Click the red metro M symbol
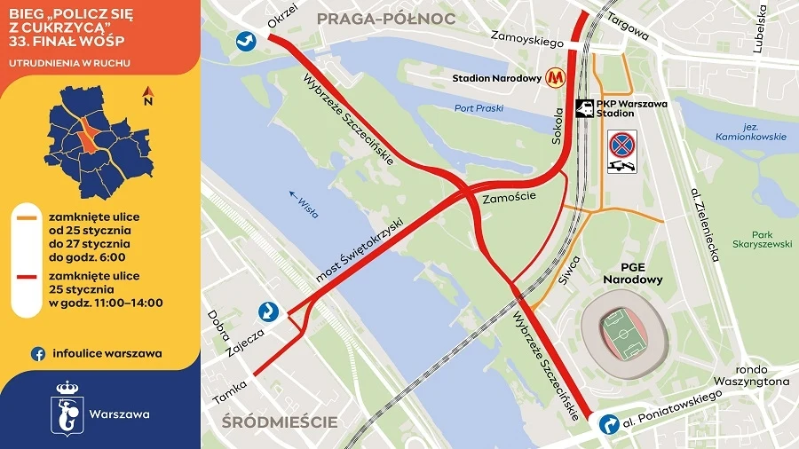(x=557, y=78)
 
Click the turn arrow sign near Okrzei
(x=245, y=41)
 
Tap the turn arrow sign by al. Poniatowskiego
(x=608, y=424)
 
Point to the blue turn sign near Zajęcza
(x=268, y=311)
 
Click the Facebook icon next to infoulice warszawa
(x=38, y=353)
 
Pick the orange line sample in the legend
(x=30, y=217)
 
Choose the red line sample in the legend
(x=30, y=277)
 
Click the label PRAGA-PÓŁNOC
(x=385, y=18)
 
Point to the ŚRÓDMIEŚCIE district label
(x=281, y=421)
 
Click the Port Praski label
(x=479, y=108)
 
